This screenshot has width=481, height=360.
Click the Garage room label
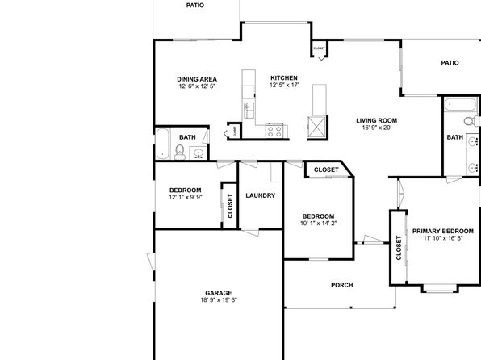pyautogui.click(x=219, y=293)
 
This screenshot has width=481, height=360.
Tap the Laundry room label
pyautogui.click(x=260, y=195)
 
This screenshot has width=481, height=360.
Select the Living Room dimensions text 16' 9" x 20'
pyautogui.click(x=377, y=128)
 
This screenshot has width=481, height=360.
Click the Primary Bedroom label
pyautogui.click(x=442, y=231)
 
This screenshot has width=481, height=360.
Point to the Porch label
pyautogui.click(x=341, y=285)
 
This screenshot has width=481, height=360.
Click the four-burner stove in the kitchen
pyautogui.click(x=274, y=132)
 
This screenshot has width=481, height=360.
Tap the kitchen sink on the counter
pyautogui.click(x=249, y=110)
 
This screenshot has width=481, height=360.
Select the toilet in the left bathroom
pyautogui.click(x=179, y=153)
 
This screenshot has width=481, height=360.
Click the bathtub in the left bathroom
pyautogui.click(x=162, y=144)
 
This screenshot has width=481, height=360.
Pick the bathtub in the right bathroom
pyautogui.click(x=461, y=105)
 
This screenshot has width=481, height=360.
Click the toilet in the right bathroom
pyautogui.click(x=471, y=120)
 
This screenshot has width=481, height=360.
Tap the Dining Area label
pyautogui.click(x=197, y=79)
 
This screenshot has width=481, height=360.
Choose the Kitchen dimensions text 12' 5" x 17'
pyautogui.click(x=284, y=85)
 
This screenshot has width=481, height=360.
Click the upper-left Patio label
pyautogui.click(x=195, y=5)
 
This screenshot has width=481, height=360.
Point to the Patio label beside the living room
pyautogui.click(x=450, y=63)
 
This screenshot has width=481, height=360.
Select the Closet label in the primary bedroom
pyautogui.click(x=399, y=248)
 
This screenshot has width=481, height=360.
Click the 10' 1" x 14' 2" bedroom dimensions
pyautogui.click(x=318, y=224)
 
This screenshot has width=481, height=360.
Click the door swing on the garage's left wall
pyautogui.click(x=151, y=262)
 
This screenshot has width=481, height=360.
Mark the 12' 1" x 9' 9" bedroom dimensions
pyautogui.click(x=186, y=197)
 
